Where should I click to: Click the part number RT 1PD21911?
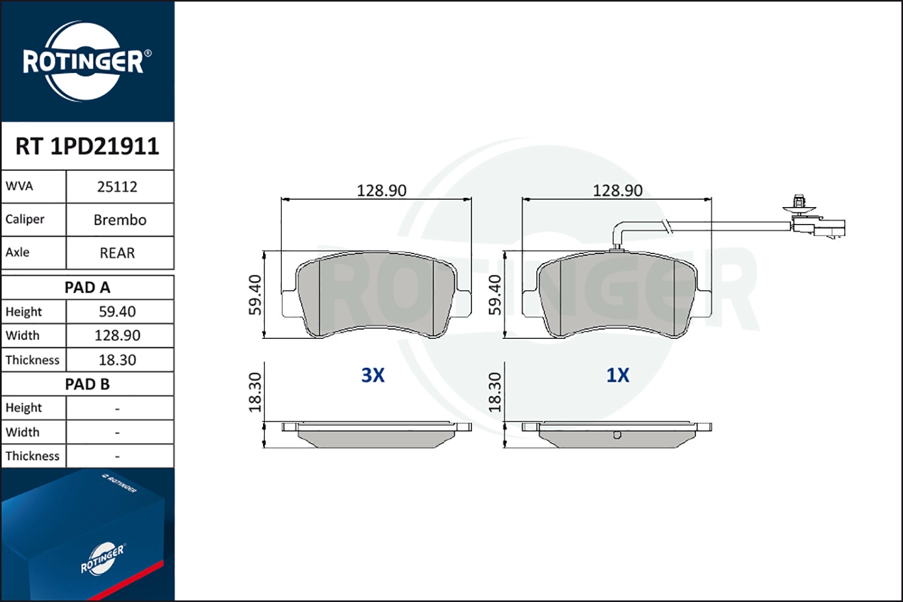87,146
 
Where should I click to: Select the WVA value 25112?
117,187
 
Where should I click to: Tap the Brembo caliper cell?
120,220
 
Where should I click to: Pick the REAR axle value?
117,253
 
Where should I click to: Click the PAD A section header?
87,288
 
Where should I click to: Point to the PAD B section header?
87,384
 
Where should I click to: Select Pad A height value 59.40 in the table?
117,312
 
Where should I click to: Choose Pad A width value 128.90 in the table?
117,335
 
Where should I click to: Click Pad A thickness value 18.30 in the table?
117,359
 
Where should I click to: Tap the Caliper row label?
25,219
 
